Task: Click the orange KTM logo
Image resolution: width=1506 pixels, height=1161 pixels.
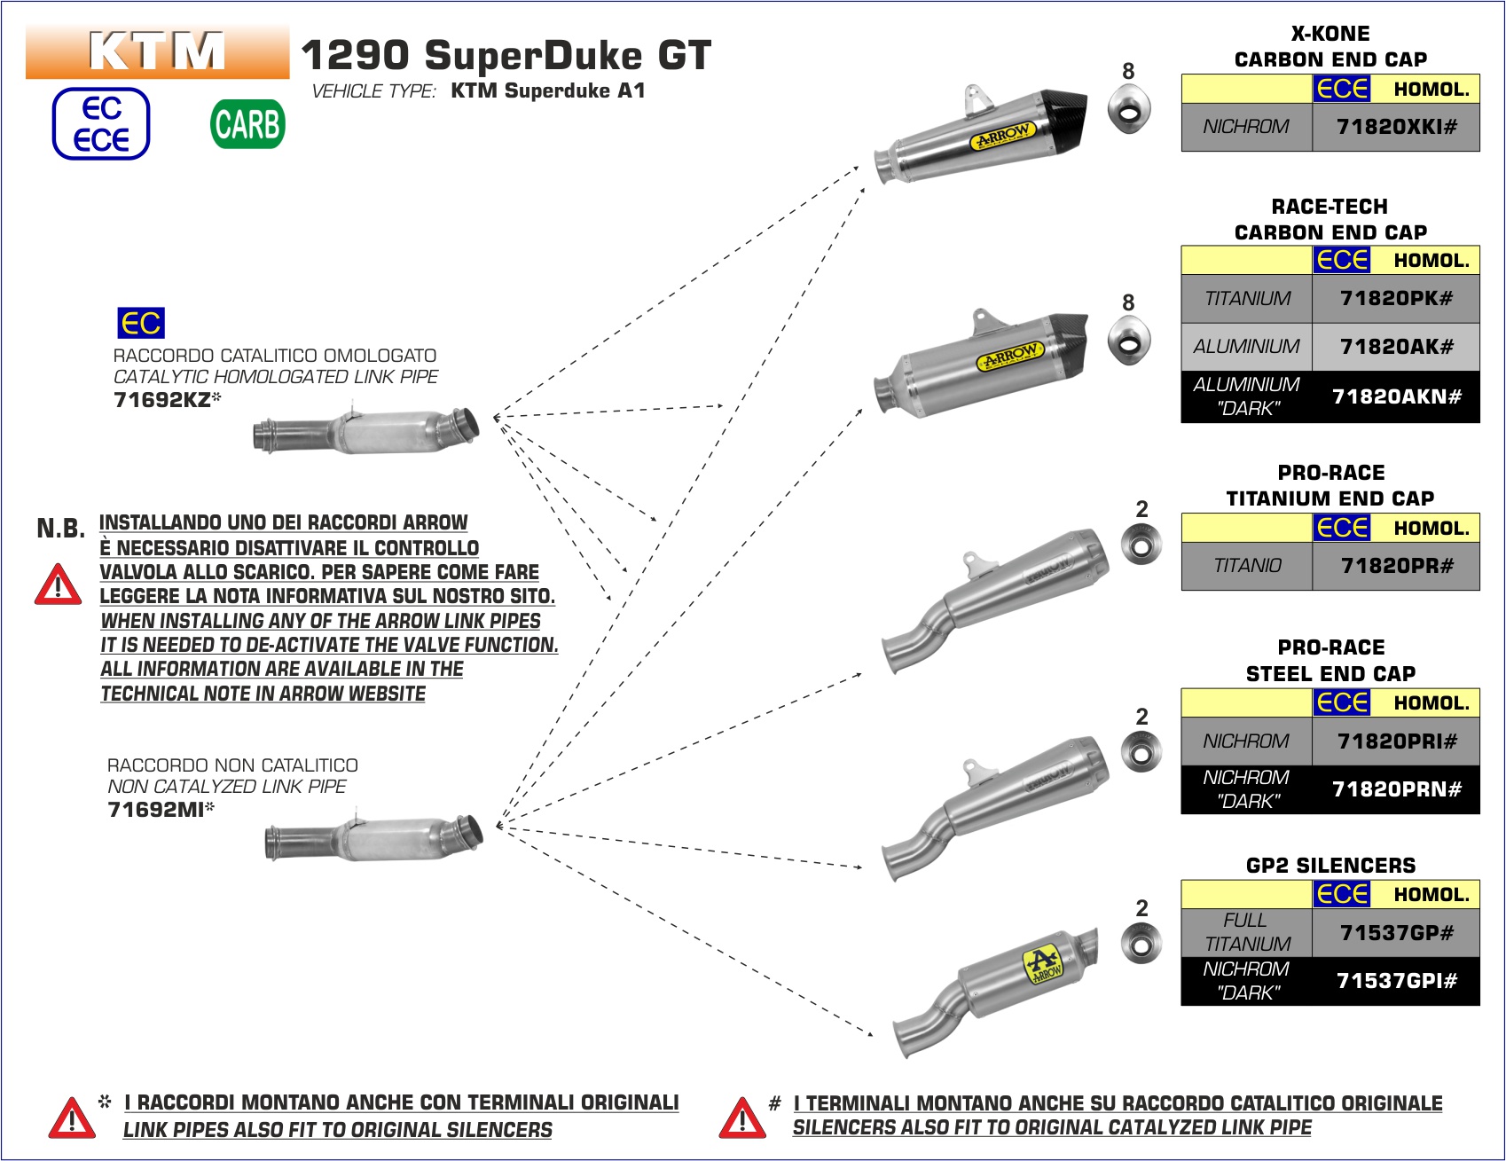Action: pyautogui.click(x=157, y=51)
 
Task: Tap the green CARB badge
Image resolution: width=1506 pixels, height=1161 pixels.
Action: pyautogui.click(x=247, y=123)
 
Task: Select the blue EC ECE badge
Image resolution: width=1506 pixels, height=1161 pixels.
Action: pyautogui.click(x=101, y=124)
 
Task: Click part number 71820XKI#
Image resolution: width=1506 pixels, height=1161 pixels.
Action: pyautogui.click(x=1396, y=127)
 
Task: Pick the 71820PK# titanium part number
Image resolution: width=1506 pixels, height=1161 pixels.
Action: pyautogui.click(x=1396, y=298)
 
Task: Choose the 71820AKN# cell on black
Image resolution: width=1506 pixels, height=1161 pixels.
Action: pyautogui.click(x=1396, y=396)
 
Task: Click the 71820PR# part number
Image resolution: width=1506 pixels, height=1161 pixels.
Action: pyautogui.click(x=1396, y=566)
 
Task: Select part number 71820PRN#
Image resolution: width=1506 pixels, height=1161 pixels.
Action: pyautogui.click(x=1396, y=789)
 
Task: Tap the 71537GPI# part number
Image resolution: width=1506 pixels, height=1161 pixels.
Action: pyautogui.click(x=1396, y=981)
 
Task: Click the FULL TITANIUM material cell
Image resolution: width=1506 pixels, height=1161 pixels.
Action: pyautogui.click(x=1246, y=932)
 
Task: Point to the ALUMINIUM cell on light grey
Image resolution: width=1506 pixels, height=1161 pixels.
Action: pyautogui.click(x=1246, y=347)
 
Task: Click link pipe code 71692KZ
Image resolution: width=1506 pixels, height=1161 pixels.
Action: pyautogui.click(x=163, y=400)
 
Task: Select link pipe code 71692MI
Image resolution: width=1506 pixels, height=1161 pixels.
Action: pyautogui.click(x=157, y=810)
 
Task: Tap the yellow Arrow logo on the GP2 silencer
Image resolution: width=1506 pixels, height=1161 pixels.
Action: pyautogui.click(x=1042, y=965)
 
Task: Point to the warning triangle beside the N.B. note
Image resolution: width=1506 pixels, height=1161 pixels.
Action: pyautogui.click(x=58, y=585)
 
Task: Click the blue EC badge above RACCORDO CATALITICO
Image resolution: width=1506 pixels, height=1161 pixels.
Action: pyautogui.click(x=141, y=323)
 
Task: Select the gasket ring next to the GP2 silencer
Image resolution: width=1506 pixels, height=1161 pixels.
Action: pyautogui.click(x=1141, y=944)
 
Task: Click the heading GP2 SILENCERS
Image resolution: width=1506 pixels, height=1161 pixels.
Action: pyautogui.click(x=1330, y=865)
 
